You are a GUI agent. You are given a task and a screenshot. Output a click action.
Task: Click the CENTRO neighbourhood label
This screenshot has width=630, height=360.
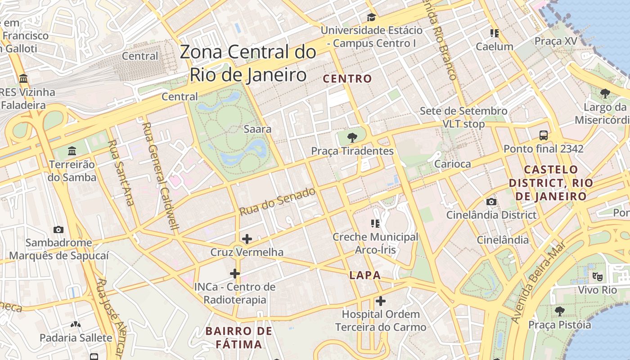[347, 79]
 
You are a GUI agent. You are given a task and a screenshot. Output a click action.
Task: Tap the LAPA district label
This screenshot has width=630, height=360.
[365, 275]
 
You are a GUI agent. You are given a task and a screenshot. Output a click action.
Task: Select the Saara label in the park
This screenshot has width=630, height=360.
[257, 129]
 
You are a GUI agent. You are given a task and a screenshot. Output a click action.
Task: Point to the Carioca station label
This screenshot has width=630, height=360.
[452, 164]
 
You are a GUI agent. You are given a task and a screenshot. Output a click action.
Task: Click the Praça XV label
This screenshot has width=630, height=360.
[555, 41]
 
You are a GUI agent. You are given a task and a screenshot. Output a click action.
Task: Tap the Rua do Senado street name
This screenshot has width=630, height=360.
[277, 202]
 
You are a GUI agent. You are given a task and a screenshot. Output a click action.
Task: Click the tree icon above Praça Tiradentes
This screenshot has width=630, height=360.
[352, 138]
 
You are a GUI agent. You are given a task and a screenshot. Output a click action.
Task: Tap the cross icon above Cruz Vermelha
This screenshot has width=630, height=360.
[247, 238]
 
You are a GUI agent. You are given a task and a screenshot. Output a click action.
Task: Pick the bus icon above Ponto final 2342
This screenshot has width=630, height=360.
[543, 135]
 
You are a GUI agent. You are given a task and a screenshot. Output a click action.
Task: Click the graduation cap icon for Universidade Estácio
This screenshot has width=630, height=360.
[371, 18]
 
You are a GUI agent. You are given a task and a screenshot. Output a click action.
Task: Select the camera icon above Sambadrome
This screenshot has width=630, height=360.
[58, 229]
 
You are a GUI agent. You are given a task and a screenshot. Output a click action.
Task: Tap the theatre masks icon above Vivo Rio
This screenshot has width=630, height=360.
[597, 276]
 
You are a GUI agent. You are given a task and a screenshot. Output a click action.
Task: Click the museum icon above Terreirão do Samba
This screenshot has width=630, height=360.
[72, 151]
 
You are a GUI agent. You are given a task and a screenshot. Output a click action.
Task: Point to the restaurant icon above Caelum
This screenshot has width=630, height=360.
[495, 33]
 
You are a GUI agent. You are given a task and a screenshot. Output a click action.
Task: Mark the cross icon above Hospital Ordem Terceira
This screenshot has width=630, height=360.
[381, 301]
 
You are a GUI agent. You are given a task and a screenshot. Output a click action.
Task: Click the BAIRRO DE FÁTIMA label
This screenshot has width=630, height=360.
[238, 337]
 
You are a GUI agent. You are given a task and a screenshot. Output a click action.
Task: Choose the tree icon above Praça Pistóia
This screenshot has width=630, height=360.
[559, 311]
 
